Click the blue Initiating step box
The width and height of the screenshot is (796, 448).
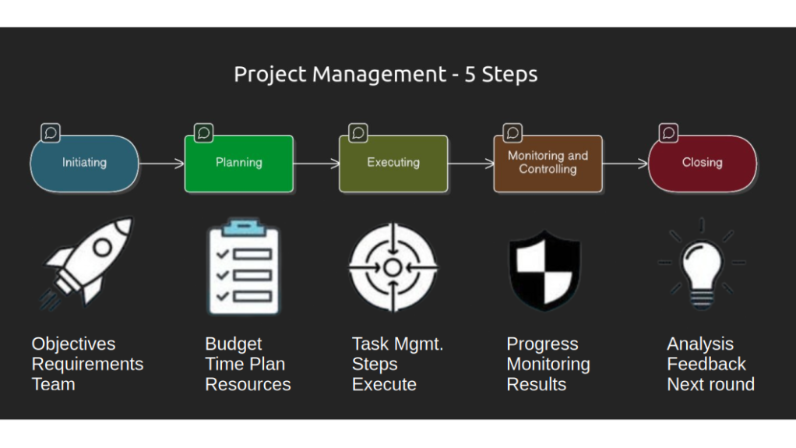(84, 163)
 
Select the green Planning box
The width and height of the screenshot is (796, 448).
(239, 163)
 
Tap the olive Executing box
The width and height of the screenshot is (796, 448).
(393, 163)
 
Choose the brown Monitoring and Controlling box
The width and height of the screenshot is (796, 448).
(548, 163)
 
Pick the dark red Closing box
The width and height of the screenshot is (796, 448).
(703, 163)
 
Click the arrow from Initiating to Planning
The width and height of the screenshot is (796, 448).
(162, 164)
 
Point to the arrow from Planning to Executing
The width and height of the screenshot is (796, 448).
(316, 164)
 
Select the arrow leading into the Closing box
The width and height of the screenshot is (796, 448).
(625, 164)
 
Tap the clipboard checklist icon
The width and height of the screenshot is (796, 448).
(245, 267)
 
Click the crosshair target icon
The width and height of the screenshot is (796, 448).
(393, 267)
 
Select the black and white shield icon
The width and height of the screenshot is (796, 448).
(544, 270)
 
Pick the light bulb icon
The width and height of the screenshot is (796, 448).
(702, 264)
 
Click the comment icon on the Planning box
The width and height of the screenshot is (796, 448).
(203, 133)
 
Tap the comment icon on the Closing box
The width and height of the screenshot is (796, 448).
(668, 133)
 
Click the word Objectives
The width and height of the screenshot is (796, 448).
(74, 344)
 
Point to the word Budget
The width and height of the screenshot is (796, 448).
(234, 344)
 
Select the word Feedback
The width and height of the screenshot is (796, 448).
(706, 364)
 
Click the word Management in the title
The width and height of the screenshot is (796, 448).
(379, 74)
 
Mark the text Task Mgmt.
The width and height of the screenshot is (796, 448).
(397, 344)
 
